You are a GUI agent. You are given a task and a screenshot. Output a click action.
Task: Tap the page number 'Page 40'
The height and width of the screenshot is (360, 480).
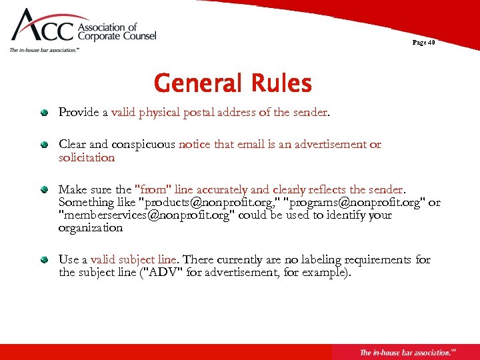pos(423,43)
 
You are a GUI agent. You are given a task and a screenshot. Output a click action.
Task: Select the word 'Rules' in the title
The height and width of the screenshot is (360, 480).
pos(281,84)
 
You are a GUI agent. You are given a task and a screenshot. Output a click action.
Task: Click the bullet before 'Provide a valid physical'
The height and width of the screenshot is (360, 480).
pos(44,113)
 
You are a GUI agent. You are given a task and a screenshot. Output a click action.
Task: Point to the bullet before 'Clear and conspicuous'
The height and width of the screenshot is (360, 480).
pos(44,144)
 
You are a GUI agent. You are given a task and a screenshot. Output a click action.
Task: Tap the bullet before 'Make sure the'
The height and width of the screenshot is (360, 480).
pos(44,189)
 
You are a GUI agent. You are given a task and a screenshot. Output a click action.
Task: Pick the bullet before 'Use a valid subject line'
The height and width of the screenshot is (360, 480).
pos(44,259)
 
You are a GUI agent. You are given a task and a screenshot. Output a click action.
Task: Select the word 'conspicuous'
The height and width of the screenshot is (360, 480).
pos(145,144)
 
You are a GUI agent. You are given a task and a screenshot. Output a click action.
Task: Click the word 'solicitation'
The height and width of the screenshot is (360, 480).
pos(87,157)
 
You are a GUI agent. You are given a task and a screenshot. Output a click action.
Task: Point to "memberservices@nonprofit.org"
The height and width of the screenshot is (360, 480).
pos(147,215)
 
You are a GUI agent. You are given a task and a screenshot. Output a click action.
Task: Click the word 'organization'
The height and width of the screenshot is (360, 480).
pos(91,227)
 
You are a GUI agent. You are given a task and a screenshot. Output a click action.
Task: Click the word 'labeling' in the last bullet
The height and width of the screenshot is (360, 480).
pos(327,259)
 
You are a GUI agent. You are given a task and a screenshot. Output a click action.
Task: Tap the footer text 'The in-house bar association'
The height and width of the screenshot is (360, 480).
pos(404,352)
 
